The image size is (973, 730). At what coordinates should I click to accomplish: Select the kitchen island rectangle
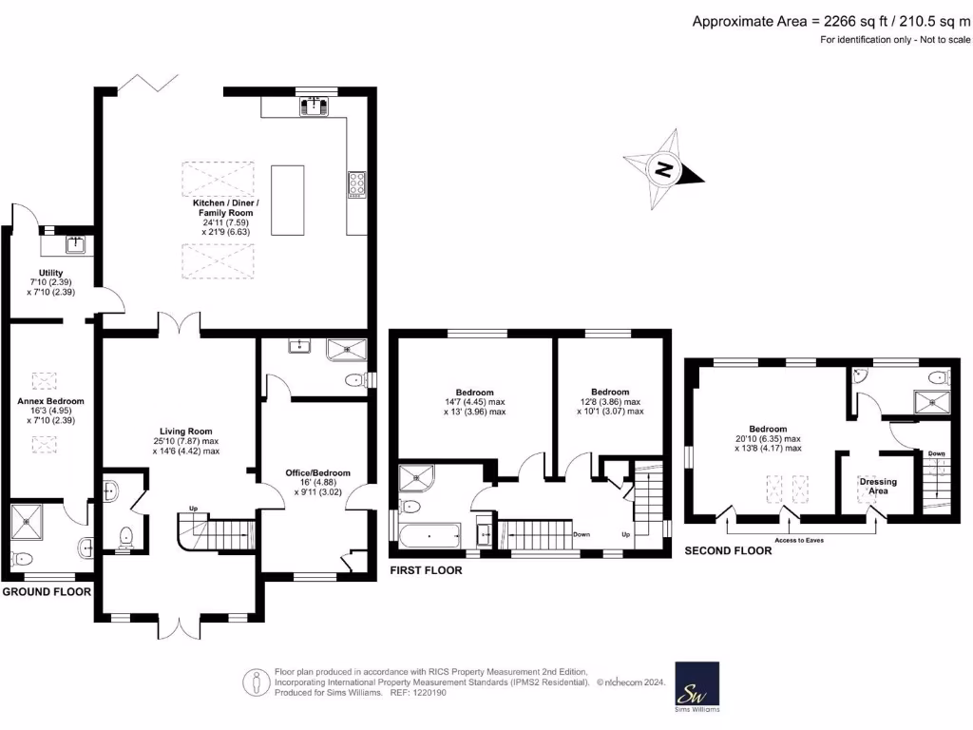click(x=288, y=200)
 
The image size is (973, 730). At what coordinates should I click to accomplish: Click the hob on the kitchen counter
click(x=358, y=182)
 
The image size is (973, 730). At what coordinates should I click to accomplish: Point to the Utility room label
click(x=51, y=274)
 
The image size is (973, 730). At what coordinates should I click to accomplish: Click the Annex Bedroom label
click(x=51, y=401)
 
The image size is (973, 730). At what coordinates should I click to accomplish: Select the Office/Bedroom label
click(x=318, y=473)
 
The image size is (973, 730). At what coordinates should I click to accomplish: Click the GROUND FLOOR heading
click(x=46, y=591)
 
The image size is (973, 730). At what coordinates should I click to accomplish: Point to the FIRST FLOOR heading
click(x=426, y=570)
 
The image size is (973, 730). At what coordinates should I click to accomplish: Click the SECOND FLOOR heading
click(x=728, y=550)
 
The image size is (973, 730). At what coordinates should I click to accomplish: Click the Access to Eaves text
click(x=799, y=540)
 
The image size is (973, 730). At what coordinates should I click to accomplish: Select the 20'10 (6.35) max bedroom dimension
click(x=768, y=438)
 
